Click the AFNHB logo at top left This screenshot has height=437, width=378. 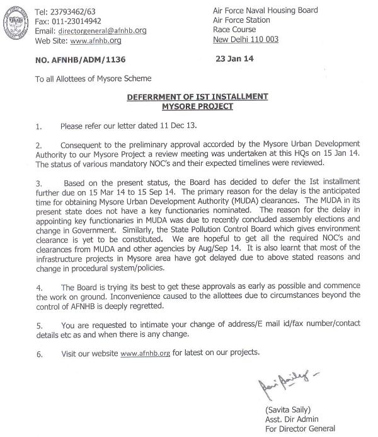(x=13, y=22)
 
